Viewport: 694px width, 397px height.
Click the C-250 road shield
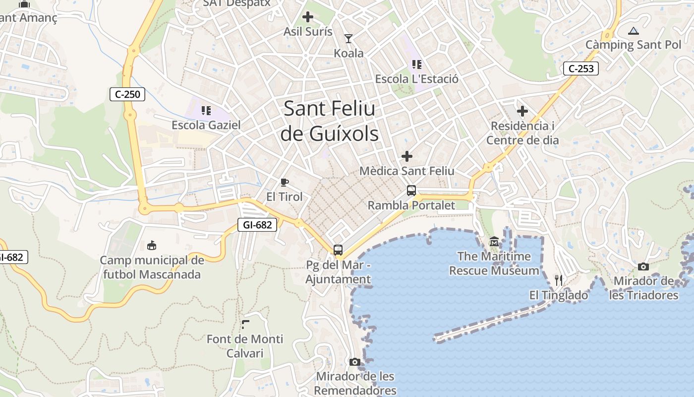click(127, 94)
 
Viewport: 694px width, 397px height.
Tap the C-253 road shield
click(580, 68)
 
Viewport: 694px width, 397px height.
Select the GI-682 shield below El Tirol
click(257, 225)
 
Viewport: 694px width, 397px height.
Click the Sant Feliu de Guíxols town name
click(330, 121)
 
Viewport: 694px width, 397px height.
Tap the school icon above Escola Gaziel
click(206, 110)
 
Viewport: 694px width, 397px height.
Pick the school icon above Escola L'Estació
click(416, 64)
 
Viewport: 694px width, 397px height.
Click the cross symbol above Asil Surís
click(308, 17)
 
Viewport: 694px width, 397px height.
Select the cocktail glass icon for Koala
click(348, 38)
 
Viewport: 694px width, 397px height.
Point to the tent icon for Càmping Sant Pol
click(633, 31)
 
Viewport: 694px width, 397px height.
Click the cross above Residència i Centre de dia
click(522, 111)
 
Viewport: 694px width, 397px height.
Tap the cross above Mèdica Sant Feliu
click(406, 156)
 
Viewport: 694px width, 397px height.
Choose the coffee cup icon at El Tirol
click(284, 182)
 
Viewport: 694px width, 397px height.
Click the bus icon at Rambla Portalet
click(411, 190)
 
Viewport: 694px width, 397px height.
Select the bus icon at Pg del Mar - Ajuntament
click(338, 250)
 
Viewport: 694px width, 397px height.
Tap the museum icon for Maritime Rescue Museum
click(494, 242)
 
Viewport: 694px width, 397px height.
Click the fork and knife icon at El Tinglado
click(559, 280)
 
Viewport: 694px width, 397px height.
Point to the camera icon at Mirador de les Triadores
click(643, 266)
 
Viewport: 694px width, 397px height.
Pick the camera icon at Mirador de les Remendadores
click(354, 362)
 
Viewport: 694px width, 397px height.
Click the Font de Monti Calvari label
click(245, 346)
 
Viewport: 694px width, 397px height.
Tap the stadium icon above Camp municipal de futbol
click(152, 245)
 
